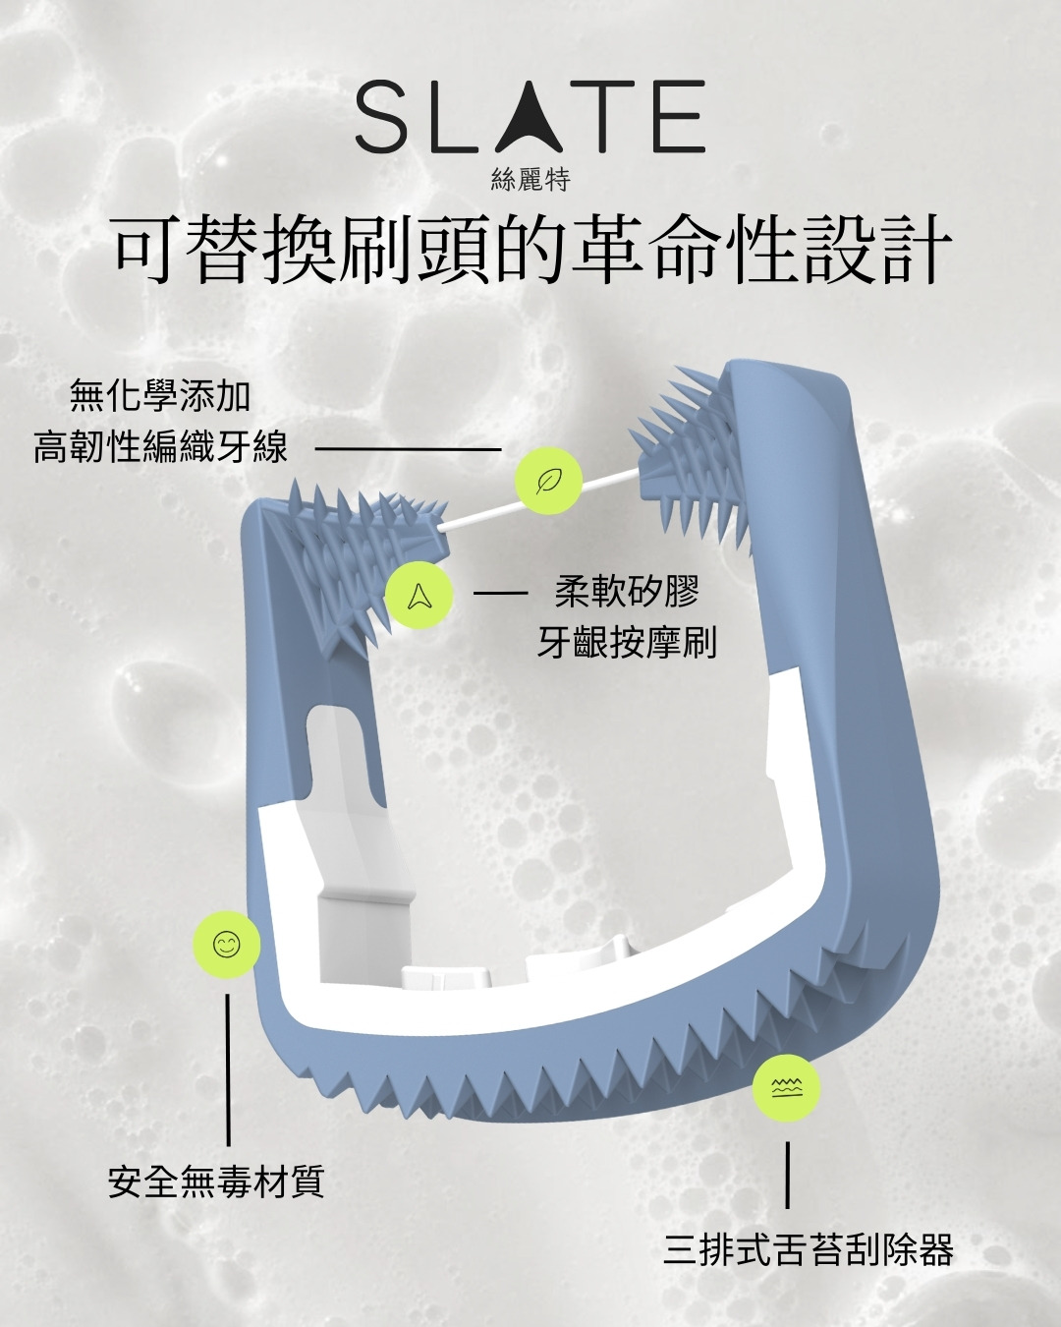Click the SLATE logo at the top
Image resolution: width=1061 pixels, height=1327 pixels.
tap(530, 116)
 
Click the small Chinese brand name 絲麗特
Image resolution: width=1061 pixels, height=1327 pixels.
tap(530, 180)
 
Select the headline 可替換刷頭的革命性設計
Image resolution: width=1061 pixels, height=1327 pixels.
tap(530, 249)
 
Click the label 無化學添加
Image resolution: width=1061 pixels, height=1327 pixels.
tap(160, 395)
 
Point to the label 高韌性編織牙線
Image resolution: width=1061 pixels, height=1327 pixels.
tap(160, 447)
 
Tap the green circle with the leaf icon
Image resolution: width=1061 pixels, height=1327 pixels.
tap(548, 481)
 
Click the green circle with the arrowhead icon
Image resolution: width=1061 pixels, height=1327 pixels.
tap(419, 595)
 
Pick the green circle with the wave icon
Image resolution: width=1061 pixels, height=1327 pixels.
tap(787, 1088)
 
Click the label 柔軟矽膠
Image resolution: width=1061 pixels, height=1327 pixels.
tap(627, 591)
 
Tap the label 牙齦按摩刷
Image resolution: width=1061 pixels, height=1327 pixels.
tap(627, 643)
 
